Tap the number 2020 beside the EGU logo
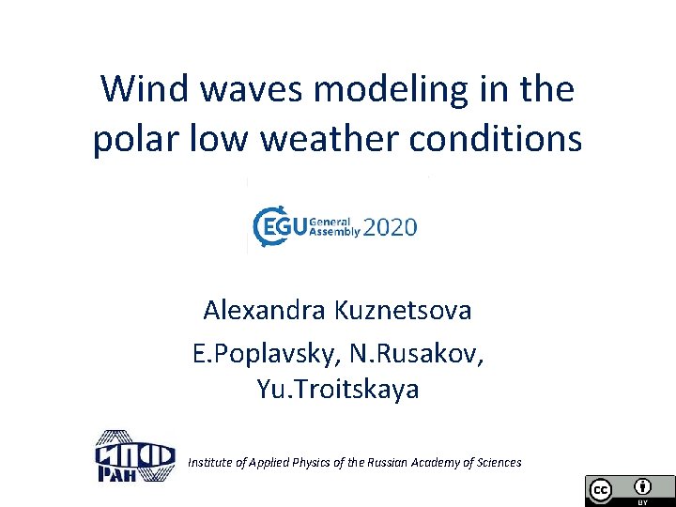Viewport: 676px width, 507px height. point(390,228)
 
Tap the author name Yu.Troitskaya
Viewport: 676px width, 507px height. point(338,390)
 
